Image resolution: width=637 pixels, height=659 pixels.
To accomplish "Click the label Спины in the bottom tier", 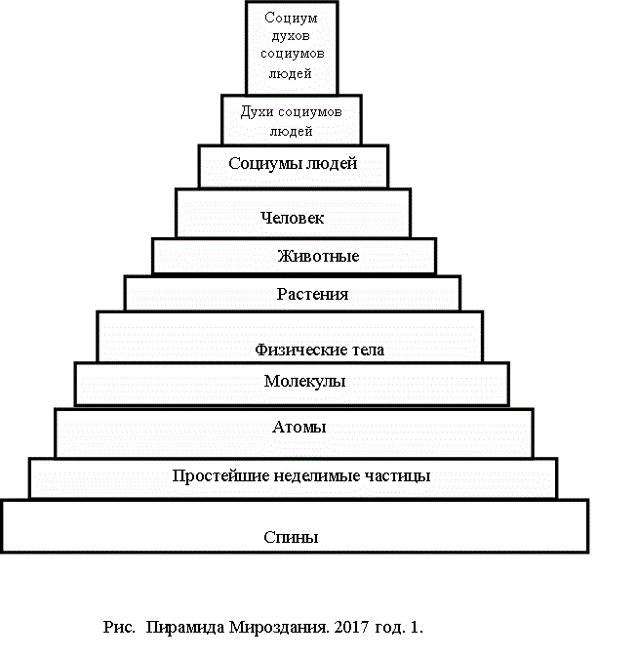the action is (x=291, y=537).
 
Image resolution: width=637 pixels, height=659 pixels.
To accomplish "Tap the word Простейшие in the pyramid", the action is (x=220, y=475).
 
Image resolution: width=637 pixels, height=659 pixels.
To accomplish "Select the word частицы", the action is (x=397, y=476).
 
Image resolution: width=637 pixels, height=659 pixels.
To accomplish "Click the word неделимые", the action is (x=317, y=475).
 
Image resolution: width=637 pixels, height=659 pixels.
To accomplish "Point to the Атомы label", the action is (x=299, y=427).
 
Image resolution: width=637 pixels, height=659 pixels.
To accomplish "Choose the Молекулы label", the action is (x=304, y=381).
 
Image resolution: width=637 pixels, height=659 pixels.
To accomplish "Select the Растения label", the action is (x=312, y=294).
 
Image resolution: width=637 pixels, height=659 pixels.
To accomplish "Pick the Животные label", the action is (x=318, y=256).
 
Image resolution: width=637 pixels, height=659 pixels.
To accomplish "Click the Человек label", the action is (x=293, y=218).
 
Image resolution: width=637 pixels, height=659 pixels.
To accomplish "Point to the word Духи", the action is (x=257, y=112).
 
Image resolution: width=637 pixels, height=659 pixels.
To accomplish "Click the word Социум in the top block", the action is (x=291, y=18).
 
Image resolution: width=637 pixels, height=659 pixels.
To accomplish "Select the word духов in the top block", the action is (x=291, y=36).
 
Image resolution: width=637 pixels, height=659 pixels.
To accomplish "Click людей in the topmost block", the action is (x=290, y=73).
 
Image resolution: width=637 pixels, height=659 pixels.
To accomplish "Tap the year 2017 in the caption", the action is (x=351, y=627).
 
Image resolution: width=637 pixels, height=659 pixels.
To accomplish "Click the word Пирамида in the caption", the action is (x=185, y=628).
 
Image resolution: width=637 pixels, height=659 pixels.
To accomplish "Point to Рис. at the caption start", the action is (x=119, y=628).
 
